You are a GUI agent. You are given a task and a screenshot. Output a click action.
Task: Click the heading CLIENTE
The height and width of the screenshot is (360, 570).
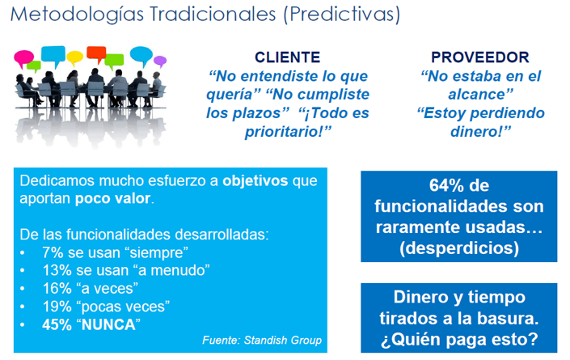pos(287,57)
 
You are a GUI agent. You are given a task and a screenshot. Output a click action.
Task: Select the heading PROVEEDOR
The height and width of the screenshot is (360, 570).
pos(480,57)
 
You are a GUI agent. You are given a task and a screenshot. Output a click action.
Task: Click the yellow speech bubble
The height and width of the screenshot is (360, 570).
pos(75,57)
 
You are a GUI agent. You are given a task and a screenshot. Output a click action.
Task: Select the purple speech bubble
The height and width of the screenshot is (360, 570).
pos(160,61)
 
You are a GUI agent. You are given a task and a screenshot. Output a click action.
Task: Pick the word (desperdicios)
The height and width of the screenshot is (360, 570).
pos(458,248)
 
